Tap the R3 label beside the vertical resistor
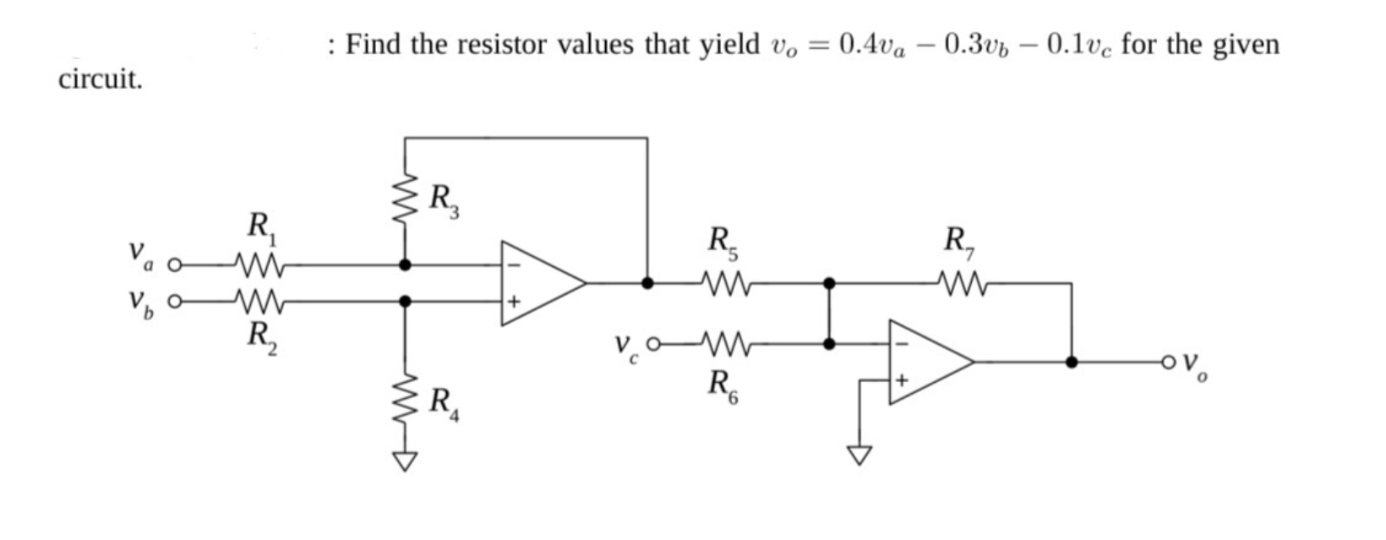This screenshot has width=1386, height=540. tap(443, 200)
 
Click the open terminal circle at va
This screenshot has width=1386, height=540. tap(175, 265)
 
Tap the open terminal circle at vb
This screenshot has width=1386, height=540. tap(175, 301)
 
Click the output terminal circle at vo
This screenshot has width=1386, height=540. tap(1169, 363)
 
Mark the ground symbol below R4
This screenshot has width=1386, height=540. tap(406, 461)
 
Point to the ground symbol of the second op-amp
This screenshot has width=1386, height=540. tap(859, 455)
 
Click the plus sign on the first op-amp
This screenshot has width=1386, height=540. tap(513, 302)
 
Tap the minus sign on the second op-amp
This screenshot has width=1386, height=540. tap(900, 343)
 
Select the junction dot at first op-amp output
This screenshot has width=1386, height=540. tap(647, 283)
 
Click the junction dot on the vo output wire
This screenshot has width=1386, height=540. tap(1072, 362)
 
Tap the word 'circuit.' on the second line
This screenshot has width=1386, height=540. tap(101, 80)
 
